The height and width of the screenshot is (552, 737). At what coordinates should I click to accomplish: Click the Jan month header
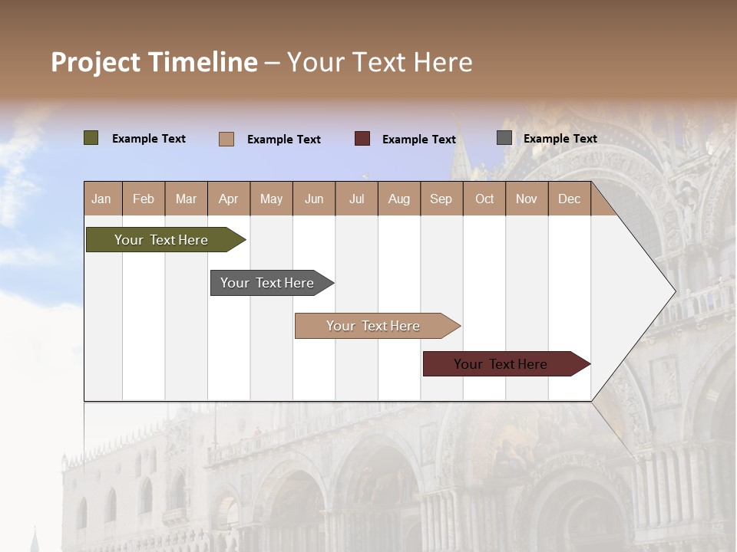tap(101, 199)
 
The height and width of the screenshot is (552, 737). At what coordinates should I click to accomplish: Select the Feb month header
tap(144, 199)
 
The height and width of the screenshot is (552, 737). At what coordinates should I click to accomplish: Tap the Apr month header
tap(228, 199)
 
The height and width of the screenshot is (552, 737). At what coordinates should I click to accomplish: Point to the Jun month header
tap(314, 199)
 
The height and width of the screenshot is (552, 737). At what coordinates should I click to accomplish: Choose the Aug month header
tap(398, 199)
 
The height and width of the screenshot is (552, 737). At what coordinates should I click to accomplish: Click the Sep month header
tap(441, 199)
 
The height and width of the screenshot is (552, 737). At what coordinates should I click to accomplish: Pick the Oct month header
tap(484, 199)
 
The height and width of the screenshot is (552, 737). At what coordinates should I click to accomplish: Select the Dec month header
tap(569, 199)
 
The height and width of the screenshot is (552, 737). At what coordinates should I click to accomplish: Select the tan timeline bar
tap(374, 326)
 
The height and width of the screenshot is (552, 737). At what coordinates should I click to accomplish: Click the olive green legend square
tap(91, 138)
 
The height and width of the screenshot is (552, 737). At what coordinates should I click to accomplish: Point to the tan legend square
tap(226, 139)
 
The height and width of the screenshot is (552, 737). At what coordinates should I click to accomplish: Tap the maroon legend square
tap(362, 139)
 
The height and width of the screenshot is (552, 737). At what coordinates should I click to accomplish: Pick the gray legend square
tap(504, 138)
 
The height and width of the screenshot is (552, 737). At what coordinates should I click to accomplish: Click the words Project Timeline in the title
tap(154, 62)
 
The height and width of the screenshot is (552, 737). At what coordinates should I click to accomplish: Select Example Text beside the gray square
tap(560, 138)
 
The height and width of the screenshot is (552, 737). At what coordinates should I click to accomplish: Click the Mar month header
tap(186, 199)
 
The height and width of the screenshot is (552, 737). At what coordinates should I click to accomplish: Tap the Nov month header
tap(527, 199)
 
